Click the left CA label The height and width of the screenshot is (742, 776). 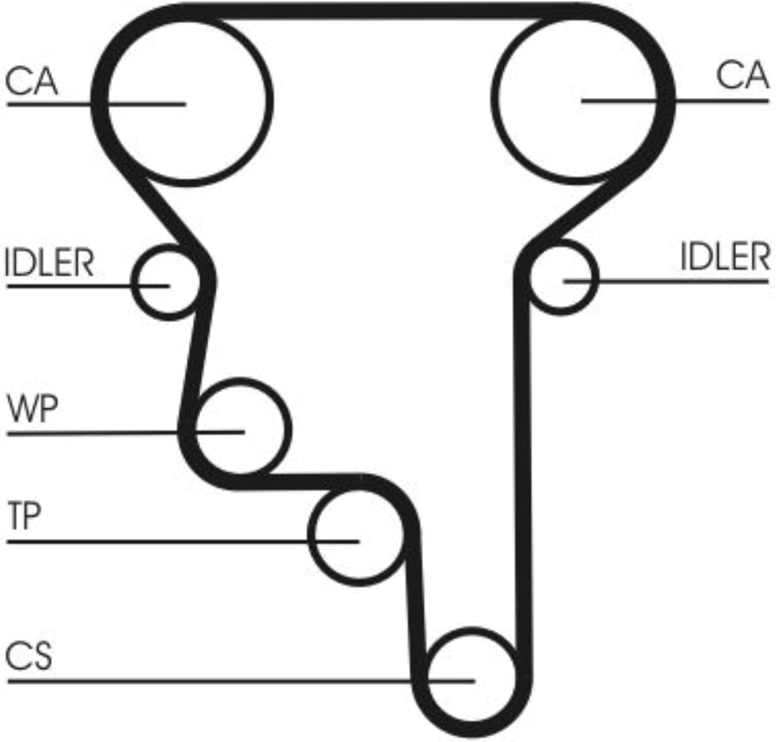click(32, 82)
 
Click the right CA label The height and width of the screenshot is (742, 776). click(742, 76)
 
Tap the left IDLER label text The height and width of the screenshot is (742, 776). click(50, 263)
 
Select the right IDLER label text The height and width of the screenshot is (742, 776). click(725, 257)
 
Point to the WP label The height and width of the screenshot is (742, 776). click(32, 409)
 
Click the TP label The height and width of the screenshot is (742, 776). click(24, 517)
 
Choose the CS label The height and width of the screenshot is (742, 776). click(28, 656)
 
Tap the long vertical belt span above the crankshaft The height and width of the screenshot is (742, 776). click(523, 466)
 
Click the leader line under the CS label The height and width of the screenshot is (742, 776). click(241, 681)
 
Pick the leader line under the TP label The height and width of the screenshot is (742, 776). click(183, 542)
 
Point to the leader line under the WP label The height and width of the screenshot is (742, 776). click(125, 432)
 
